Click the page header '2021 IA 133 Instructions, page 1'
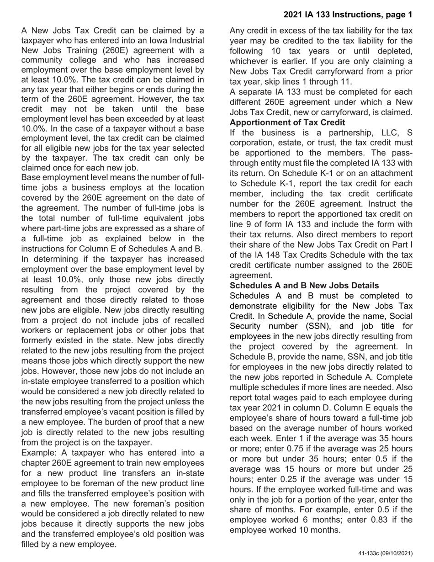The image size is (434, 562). (x=348, y=15)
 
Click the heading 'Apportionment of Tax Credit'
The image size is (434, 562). (x=287, y=122)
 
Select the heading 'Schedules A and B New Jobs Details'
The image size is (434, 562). (x=304, y=286)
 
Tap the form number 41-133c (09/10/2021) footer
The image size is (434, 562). (x=385, y=553)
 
